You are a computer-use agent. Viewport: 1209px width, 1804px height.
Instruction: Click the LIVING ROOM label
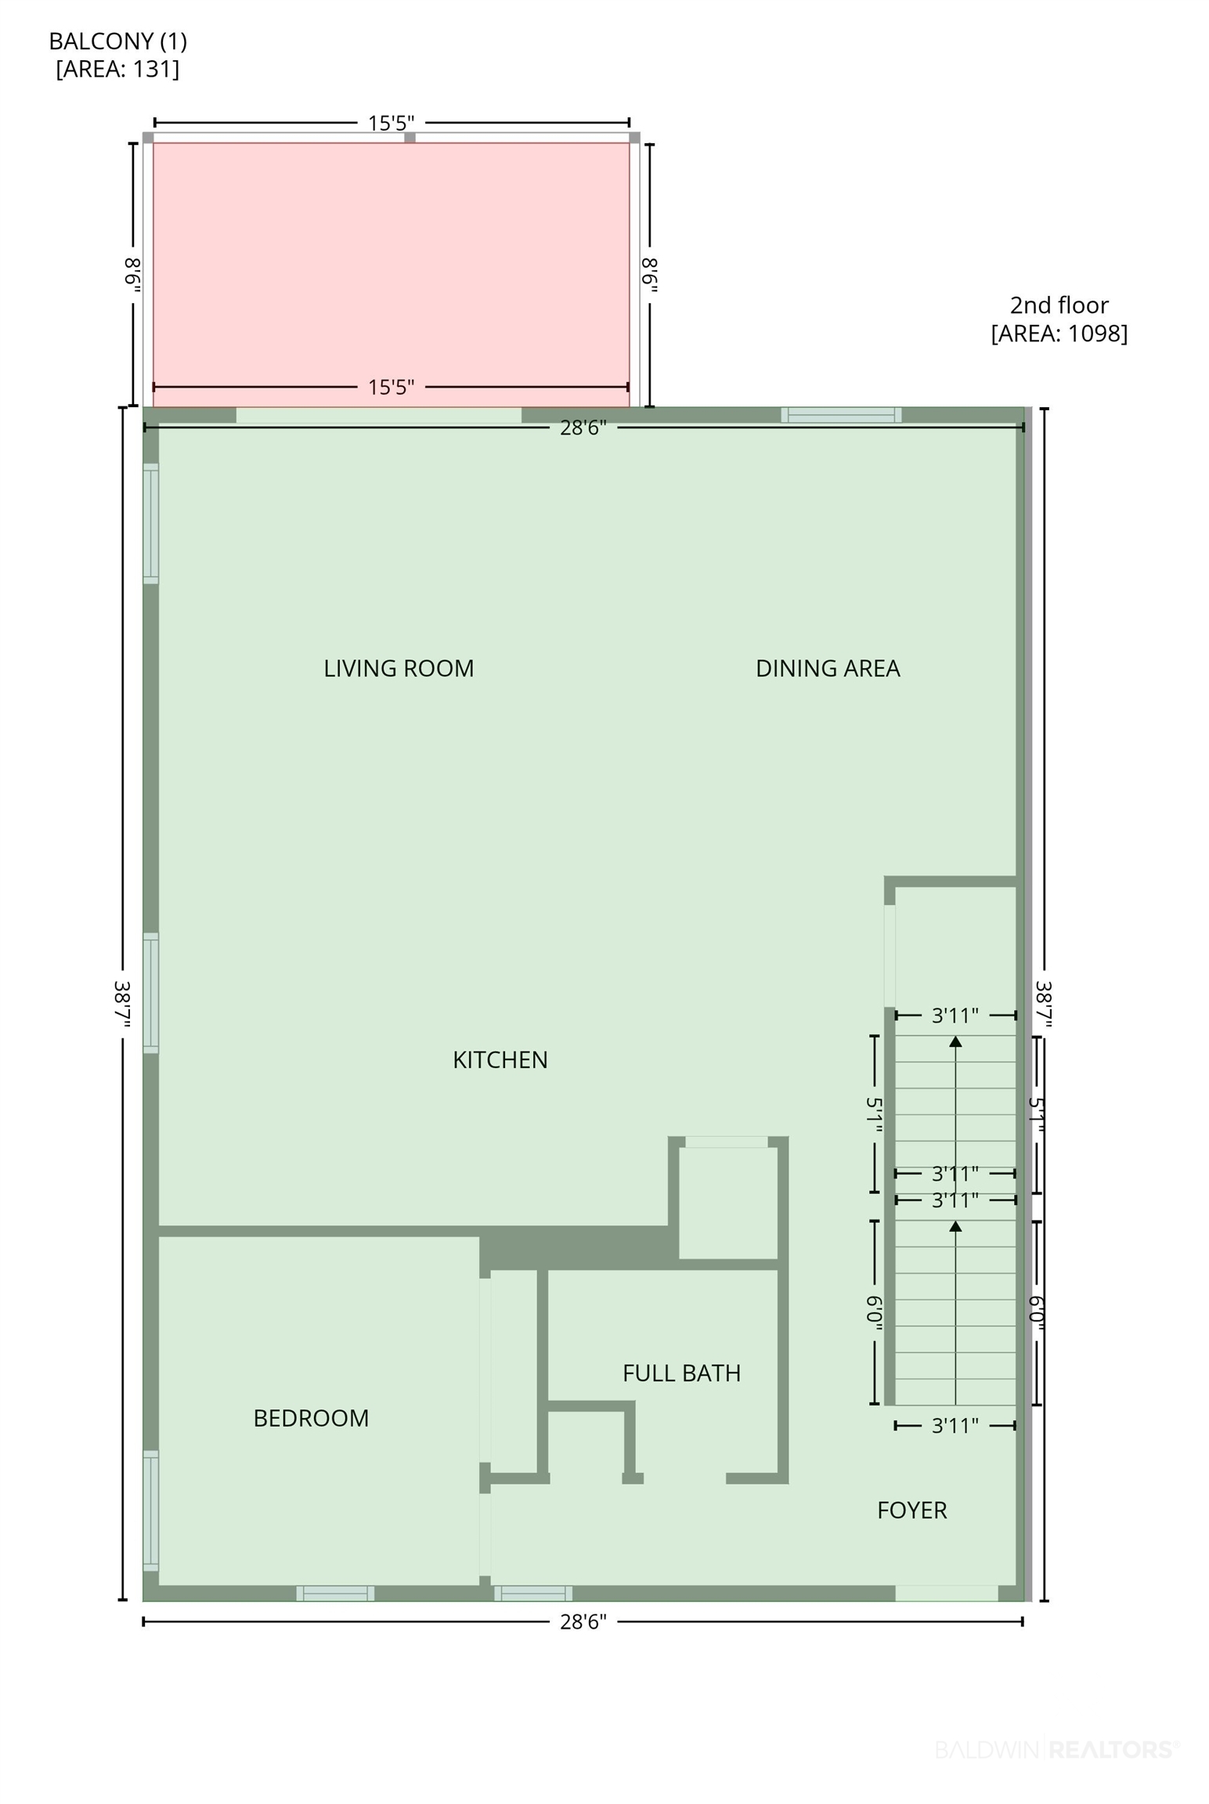(399, 668)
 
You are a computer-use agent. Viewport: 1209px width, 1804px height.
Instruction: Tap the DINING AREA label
(828, 668)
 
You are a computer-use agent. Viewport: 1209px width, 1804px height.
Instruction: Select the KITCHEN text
(500, 1059)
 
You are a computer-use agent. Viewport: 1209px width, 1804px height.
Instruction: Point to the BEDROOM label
(311, 1418)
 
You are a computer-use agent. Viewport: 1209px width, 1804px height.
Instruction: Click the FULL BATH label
(681, 1373)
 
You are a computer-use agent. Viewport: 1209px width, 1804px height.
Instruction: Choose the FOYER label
(912, 1510)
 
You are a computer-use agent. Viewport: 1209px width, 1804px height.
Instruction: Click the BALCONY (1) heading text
(118, 41)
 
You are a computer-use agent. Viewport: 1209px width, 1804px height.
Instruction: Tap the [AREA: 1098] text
(1059, 334)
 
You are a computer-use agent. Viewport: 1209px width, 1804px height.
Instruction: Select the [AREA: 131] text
(117, 69)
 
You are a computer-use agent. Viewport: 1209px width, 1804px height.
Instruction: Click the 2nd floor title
(1059, 305)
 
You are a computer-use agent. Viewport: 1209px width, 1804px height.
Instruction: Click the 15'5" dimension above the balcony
(392, 123)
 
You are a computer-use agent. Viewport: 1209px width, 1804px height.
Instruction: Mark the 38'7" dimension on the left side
(122, 1005)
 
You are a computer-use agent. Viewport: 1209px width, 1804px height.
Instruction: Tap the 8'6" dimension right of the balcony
(650, 275)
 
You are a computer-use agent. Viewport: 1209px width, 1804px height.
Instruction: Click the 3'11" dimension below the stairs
(955, 1426)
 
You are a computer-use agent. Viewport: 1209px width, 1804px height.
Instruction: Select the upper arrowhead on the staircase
(955, 1041)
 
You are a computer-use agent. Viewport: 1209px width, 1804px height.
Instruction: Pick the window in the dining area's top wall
(841, 415)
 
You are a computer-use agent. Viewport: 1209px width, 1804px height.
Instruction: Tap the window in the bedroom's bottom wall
(335, 1593)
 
